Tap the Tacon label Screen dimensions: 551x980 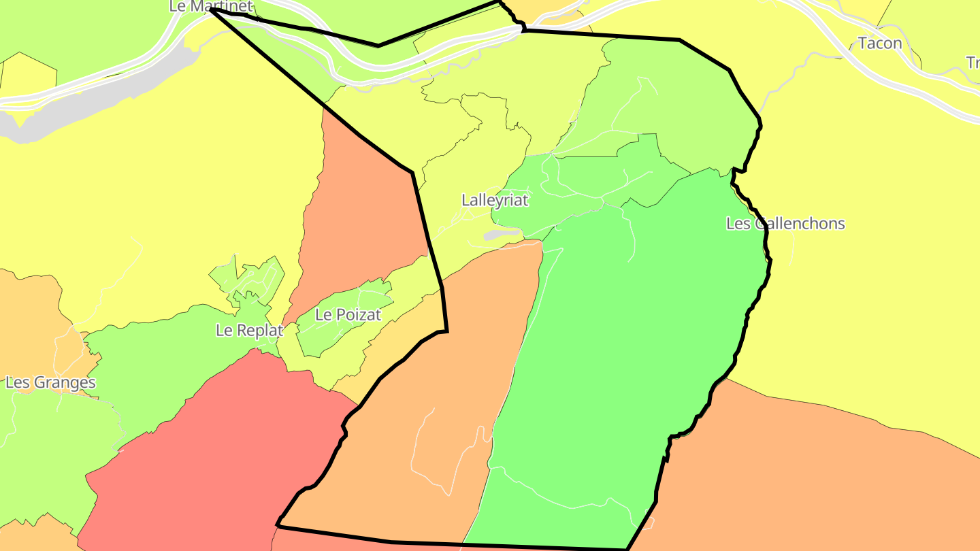(880, 44)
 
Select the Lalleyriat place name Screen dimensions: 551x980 (495, 201)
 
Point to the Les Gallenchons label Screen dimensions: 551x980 (785, 224)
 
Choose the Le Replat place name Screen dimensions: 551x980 (249, 331)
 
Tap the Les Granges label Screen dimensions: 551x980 (50, 382)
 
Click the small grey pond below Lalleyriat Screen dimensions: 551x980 (502, 235)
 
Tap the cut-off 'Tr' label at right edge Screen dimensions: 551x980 (973, 63)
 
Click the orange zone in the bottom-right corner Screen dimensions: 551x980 (817, 476)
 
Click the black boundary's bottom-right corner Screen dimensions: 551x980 (626, 548)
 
